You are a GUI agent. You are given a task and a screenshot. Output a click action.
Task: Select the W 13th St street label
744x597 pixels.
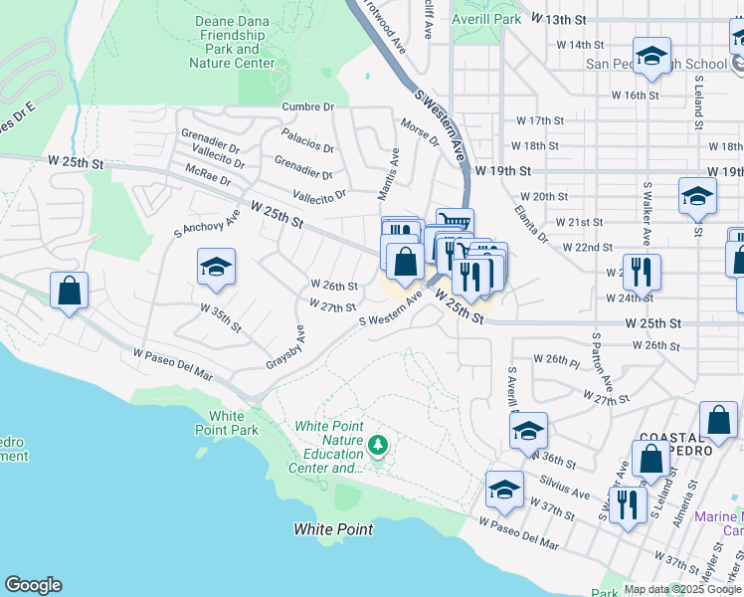click(559, 19)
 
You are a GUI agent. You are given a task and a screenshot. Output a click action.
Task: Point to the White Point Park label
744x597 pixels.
click(234, 423)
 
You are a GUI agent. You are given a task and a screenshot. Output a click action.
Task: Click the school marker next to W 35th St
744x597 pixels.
click(216, 267)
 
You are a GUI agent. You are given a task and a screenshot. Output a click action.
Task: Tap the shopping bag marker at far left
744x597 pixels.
click(69, 291)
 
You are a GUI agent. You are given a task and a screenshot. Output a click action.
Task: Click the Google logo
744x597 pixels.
click(33, 585)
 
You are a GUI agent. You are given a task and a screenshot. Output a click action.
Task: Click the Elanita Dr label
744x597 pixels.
click(531, 224)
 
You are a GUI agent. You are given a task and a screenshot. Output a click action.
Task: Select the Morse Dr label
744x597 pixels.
click(419, 132)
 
